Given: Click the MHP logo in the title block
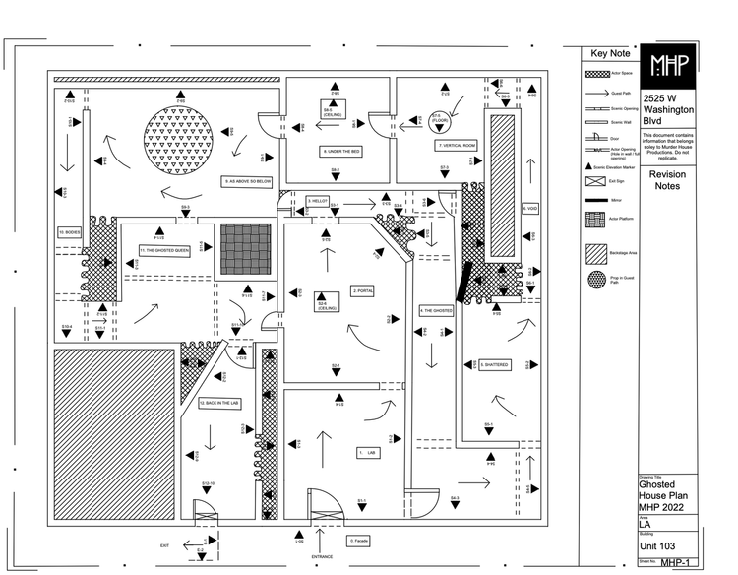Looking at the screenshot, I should pyautogui.click(x=670, y=66).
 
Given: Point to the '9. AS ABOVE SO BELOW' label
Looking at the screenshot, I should pyautogui.click(x=247, y=181).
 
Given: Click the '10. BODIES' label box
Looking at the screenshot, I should pyautogui.click(x=69, y=232).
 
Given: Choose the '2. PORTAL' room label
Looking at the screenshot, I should pyautogui.click(x=363, y=290).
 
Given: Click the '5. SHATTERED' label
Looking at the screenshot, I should pyautogui.click(x=494, y=364).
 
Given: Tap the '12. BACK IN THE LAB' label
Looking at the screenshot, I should pyautogui.click(x=219, y=403).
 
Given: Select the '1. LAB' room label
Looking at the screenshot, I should pyautogui.click(x=368, y=453).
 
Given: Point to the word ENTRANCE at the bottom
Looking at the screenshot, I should pyautogui.click(x=323, y=557).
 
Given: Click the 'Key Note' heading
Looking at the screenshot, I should pyautogui.click(x=610, y=54).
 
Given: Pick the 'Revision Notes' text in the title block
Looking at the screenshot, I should pyautogui.click(x=668, y=180).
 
